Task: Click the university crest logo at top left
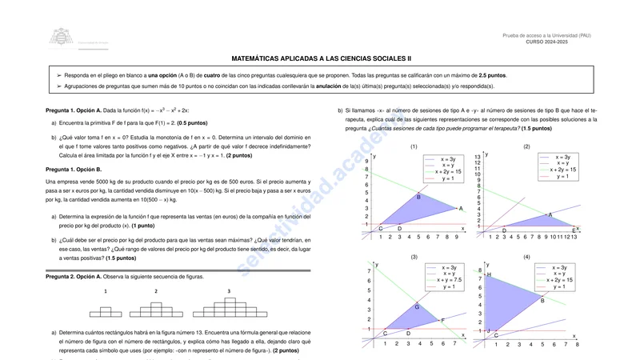pos(59,36)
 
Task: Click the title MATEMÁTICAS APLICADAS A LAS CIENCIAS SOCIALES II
pos(321,58)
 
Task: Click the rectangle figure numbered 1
pos(106,308)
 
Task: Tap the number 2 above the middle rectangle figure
pos(156,291)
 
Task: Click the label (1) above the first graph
pos(414,146)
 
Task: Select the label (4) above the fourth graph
pos(526,256)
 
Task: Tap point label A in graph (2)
pos(550,214)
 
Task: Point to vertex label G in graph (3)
pos(417,306)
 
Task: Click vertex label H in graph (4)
pos(489,274)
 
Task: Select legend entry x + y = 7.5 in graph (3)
pos(448,280)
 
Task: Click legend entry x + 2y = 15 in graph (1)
pos(448,171)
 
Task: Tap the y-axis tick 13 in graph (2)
pos(478,157)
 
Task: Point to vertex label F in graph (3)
pos(442,320)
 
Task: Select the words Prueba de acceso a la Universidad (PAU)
pos(546,35)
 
